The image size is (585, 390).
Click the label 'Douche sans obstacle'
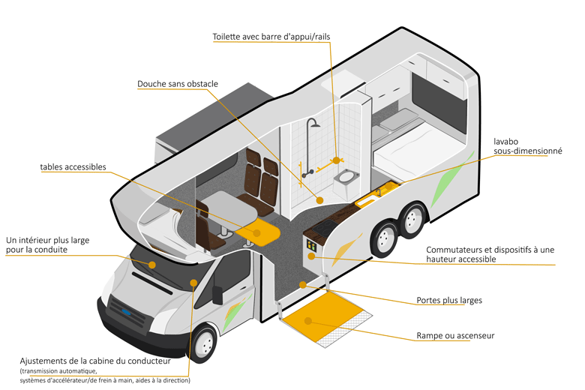(x=178, y=84)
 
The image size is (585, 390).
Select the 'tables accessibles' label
(x=73, y=166)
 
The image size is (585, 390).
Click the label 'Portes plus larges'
(x=449, y=301)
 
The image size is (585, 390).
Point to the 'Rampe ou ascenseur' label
(x=455, y=335)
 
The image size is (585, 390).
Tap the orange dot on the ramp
(x=306, y=320)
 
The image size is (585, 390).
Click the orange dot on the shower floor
(x=319, y=200)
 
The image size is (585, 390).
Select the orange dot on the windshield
(x=152, y=265)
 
